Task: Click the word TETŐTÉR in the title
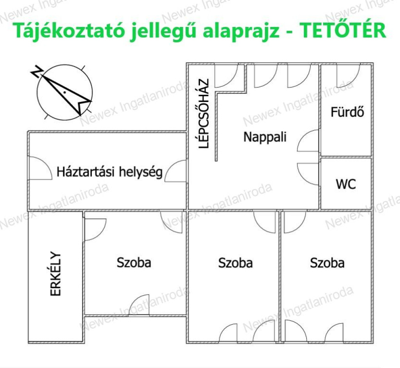pyautogui.click(x=342, y=30)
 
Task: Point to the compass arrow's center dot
pyautogui.click(x=65, y=92)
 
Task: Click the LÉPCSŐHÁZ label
pyautogui.click(x=204, y=114)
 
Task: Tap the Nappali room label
pyautogui.click(x=265, y=137)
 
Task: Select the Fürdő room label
pyautogui.click(x=347, y=112)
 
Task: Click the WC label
pyautogui.click(x=346, y=184)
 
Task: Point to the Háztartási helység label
pyautogui.click(x=109, y=172)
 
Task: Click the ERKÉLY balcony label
pyautogui.click(x=55, y=274)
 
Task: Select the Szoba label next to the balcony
pyautogui.click(x=134, y=263)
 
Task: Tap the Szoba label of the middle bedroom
pyautogui.click(x=236, y=263)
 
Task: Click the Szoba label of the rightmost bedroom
pyautogui.click(x=327, y=263)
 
